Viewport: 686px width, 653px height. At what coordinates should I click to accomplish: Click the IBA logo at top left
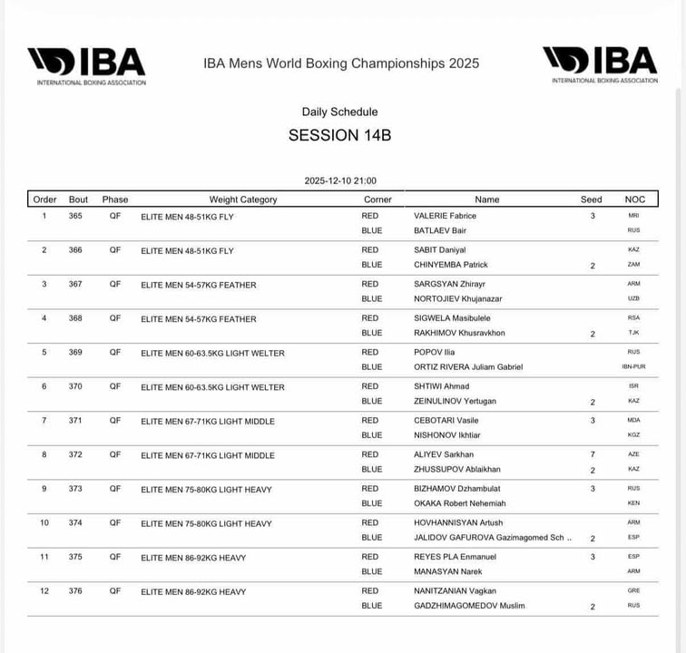86,64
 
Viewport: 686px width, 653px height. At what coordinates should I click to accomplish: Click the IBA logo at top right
600,63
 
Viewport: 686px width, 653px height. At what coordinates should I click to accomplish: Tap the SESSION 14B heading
339,135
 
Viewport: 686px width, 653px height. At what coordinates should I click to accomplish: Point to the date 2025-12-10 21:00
340,180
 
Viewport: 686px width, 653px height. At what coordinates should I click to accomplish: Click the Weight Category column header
243,200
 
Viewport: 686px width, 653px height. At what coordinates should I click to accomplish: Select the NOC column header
635,200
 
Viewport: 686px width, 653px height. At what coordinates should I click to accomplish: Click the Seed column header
591,200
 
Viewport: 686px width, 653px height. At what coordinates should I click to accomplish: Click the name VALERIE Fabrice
445,216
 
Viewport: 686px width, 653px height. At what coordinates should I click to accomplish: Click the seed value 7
593,454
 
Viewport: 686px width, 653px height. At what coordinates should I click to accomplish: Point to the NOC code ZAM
633,265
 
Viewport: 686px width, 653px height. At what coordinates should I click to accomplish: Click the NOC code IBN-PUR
633,367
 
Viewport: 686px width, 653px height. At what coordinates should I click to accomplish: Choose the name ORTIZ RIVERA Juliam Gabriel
467,367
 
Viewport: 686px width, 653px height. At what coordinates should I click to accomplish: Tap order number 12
44,590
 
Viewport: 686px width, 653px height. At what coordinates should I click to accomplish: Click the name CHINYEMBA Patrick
450,265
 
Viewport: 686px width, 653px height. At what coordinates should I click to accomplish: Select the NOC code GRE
633,590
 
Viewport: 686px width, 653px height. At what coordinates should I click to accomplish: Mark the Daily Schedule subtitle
339,112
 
